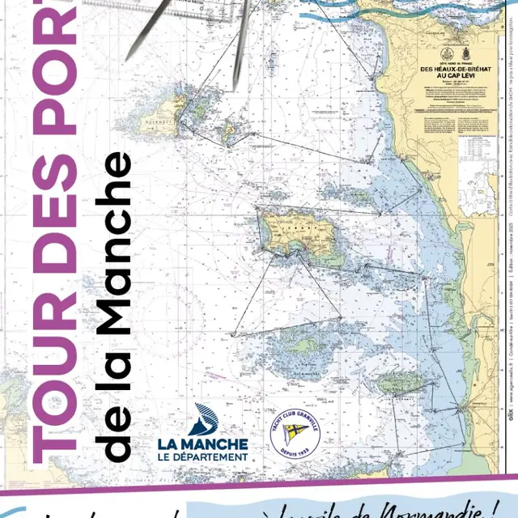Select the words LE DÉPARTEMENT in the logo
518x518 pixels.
[x=203, y=457]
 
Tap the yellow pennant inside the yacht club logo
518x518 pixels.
[x=293, y=434]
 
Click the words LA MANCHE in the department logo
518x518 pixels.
[x=202, y=444]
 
